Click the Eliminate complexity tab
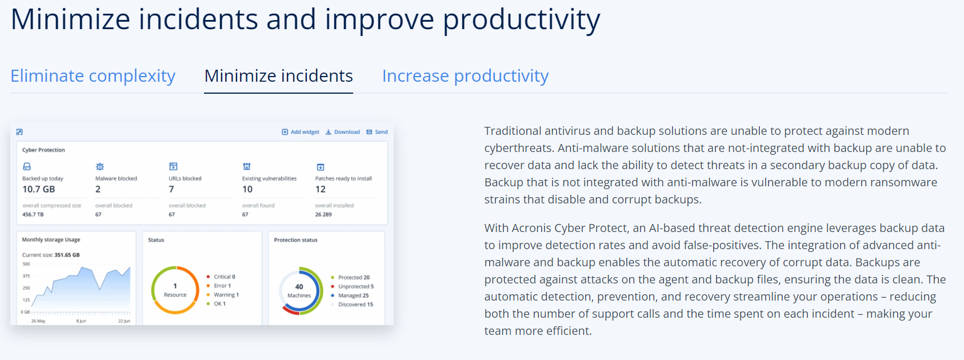coord(93,76)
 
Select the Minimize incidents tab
coord(278,76)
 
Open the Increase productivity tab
coord(465,76)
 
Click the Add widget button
coord(301,132)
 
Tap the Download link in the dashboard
coord(342,132)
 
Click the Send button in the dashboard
coord(377,132)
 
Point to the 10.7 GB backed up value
coord(39,189)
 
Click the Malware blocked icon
coord(100,166)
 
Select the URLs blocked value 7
coord(171,189)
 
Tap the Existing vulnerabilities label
coord(269,178)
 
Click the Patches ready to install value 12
coord(320,189)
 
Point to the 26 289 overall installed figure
coord(323,214)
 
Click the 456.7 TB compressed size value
coord(33,214)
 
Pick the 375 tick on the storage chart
coord(26,276)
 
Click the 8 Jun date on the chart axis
coord(81,321)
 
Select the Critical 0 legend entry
coord(221,277)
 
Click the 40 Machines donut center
coord(299,291)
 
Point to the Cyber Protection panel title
coord(43,150)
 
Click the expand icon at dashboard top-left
coord(19,132)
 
